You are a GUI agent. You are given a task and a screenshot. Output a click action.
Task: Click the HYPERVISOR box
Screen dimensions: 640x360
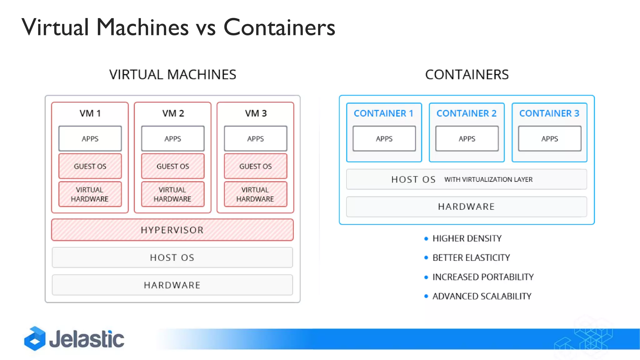click(172, 230)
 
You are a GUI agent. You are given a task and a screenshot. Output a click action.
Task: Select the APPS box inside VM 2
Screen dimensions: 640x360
click(172, 138)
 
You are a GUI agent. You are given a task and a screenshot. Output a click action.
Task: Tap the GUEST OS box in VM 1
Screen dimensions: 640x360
click(90, 166)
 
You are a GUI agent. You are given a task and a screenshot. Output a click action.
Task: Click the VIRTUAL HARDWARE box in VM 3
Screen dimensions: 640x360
click(255, 194)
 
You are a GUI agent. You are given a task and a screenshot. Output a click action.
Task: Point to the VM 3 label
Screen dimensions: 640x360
click(256, 113)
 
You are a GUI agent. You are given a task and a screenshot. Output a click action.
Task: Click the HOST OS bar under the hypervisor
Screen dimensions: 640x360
click(172, 257)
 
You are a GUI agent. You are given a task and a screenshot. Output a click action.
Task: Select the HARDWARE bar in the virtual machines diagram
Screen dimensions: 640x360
click(172, 285)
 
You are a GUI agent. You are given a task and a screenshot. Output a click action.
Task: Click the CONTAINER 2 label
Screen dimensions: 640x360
click(466, 113)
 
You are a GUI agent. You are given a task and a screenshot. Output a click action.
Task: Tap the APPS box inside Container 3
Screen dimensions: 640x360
click(549, 138)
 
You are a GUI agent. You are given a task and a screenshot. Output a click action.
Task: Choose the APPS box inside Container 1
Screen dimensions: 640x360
click(384, 138)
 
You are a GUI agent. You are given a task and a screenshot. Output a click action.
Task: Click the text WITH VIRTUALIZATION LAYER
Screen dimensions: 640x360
click(488, 180)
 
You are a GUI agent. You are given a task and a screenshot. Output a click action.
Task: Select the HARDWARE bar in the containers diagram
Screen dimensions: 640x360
click(466, 207)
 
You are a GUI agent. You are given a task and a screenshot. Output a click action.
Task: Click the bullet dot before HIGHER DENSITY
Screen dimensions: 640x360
click(426, 239)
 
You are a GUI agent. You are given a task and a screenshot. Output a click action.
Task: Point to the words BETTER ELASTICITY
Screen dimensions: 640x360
click(471, 258)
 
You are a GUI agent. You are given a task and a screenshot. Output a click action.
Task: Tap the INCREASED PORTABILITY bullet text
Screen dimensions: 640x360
click(483, 277)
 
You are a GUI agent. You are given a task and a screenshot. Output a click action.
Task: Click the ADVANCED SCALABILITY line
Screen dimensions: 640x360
click(482, 296)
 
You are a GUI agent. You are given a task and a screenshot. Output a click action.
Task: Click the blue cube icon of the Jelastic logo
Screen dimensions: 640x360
click(35, 339)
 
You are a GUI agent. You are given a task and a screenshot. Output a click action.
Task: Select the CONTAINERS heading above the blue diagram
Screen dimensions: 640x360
click(467, 75)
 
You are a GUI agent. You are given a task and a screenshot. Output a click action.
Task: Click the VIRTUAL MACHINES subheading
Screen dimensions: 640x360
click(172, 75)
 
